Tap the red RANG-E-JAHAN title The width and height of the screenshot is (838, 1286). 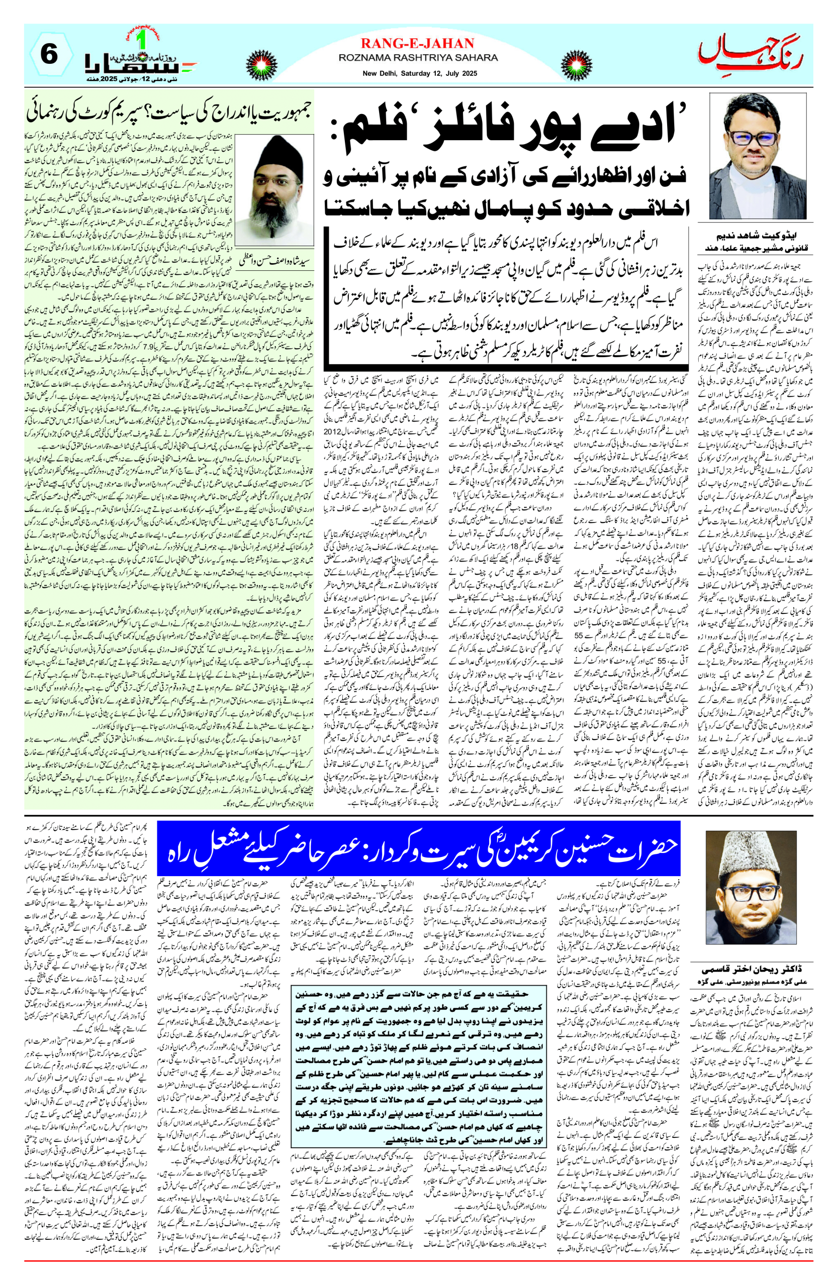417,43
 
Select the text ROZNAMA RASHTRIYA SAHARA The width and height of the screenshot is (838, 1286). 418,57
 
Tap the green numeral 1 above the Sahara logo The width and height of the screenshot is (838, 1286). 143,40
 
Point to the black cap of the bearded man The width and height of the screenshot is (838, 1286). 281,151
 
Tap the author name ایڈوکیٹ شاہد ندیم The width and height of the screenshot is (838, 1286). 754,236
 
